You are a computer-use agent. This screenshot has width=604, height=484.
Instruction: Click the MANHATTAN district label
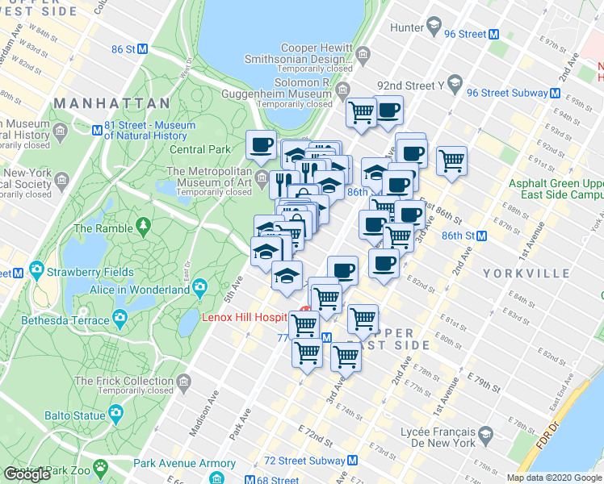[112, 103]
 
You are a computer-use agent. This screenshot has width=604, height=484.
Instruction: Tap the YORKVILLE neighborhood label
[526, 273]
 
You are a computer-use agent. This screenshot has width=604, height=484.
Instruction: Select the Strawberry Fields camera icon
[36, 269]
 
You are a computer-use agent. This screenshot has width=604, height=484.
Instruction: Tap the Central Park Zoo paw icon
[100, 466]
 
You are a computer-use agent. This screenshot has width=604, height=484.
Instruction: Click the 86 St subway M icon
[143, 48]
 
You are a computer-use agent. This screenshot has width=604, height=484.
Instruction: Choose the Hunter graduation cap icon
[433, 28]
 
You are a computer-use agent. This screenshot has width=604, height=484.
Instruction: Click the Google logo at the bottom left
[27, 474]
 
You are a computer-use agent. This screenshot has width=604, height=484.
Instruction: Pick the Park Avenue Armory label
[175, 463]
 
